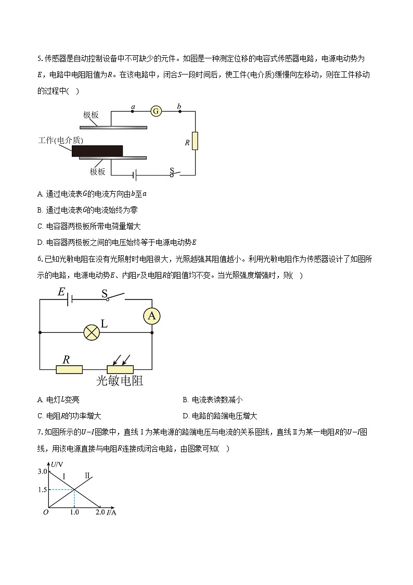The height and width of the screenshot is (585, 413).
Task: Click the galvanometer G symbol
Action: point(156,111)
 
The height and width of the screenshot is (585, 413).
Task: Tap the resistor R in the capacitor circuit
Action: point(195,141)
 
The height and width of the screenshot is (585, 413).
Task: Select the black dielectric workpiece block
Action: point(97,151)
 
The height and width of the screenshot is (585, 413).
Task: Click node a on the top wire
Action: point(133,111)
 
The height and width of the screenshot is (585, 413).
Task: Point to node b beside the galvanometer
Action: point(179,111)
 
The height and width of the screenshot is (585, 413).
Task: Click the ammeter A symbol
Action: point(151,316)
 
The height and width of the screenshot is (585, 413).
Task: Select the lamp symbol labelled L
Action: point(92,332)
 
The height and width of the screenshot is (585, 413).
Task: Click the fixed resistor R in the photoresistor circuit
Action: point(69,369)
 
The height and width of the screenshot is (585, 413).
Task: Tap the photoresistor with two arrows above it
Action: point(120,369)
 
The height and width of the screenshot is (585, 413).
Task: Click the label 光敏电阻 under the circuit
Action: point(120,381)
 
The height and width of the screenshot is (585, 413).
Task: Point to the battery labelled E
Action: point(70,299)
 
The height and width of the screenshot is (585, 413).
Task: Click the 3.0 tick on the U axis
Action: point(42,471)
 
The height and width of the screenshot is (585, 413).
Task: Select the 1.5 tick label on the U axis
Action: point(42,490)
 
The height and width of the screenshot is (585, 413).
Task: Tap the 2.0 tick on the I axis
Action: point(100,513)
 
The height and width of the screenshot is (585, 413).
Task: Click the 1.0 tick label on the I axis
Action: point(74,513)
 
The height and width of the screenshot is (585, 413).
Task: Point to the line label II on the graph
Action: point(87,476)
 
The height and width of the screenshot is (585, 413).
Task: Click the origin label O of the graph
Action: point(46,513)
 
